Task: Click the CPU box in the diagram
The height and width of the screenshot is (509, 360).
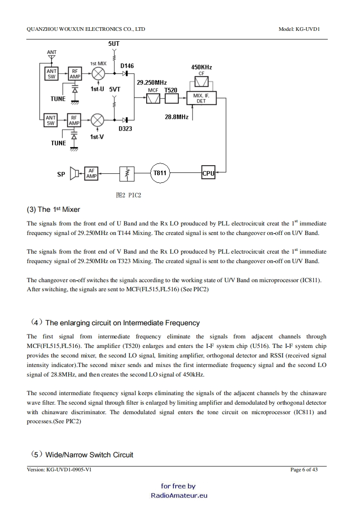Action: pos(208,173)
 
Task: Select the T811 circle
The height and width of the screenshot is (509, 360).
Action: pos(160,173)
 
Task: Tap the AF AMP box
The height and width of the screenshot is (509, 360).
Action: pos(91,173)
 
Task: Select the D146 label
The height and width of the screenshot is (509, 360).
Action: pos(127,66)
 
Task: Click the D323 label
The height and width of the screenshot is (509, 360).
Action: pos(125,129)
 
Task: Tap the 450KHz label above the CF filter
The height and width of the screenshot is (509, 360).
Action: pos(201,67)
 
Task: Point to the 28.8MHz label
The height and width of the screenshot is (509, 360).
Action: pos(176,117)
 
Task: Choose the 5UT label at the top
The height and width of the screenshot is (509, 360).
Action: pos(114,44)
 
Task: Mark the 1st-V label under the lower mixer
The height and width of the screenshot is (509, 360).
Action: pos(97,137)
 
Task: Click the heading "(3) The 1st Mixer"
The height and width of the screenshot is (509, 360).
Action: pos(53,209)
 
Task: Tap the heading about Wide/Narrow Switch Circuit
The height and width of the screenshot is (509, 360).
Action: pos(82,455)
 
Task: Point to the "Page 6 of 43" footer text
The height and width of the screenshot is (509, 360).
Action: pos(304,470)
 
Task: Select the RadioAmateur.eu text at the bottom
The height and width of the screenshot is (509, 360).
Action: pos(179,495)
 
